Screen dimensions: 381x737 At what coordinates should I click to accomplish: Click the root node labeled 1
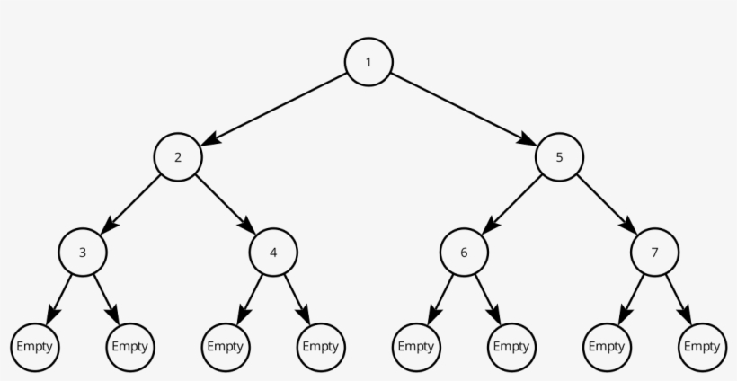click(368, 62)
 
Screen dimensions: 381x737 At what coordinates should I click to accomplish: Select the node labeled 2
click(178, 157)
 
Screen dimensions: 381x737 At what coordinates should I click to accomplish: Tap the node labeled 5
click(559, 157)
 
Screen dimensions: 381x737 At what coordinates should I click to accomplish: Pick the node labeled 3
click(83, 252)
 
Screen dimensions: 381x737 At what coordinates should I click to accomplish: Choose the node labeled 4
click(273, 252)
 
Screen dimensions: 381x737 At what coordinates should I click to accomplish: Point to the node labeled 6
click(464, 252)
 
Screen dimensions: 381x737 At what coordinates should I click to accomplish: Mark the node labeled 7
click(654, 252)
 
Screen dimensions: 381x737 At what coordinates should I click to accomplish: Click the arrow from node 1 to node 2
click(273, 110)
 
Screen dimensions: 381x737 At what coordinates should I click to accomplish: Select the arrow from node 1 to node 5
click(464, 110)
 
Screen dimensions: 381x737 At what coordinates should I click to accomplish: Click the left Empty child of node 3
click(35, 346)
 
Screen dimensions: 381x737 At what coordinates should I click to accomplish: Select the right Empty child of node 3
click(130, 346)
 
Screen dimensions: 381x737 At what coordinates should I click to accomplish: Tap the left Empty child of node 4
click(226, 346)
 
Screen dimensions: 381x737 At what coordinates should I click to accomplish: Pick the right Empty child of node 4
click(321, 346)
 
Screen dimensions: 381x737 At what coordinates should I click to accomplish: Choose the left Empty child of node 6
click(416, 346)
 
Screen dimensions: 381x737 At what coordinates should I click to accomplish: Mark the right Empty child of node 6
click(511, 346)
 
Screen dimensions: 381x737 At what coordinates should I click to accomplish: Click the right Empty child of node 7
click(702, 346)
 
